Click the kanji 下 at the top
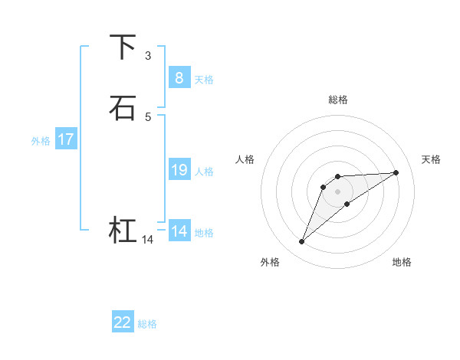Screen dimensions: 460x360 click(123, 47)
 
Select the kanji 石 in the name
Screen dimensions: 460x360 click(123, 108)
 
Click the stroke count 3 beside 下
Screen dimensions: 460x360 click(147, 56)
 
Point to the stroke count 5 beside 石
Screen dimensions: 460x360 click(147, 116)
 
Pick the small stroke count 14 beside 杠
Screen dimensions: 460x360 click(147, 240)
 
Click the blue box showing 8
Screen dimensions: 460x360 click(179, 77)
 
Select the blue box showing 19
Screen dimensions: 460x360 click(179, 170)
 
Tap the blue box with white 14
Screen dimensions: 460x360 click(179, 231)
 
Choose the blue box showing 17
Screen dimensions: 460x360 click(65, 139)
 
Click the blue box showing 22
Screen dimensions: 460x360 click(123, 322)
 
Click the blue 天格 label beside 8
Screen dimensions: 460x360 click(204, 80)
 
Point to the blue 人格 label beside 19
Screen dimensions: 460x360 click(204, 172)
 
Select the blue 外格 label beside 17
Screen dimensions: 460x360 click(41, 141)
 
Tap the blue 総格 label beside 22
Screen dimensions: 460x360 click(147, 324)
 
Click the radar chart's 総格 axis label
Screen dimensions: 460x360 click(338, 100)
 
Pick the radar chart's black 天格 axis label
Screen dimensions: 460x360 click(431, 159)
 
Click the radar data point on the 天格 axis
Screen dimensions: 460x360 click(396, 172)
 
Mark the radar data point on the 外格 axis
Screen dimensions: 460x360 click(301, 242)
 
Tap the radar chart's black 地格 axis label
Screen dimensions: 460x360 click(402, 262)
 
